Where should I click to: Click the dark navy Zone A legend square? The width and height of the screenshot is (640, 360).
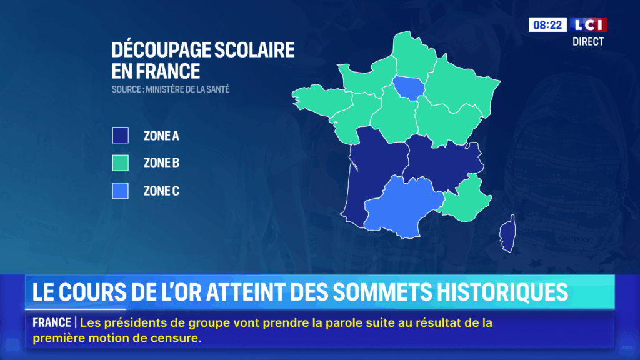point(121,135)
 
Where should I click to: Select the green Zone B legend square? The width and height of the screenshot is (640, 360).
point(121,163)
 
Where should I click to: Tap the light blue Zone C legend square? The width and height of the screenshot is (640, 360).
point(121,191)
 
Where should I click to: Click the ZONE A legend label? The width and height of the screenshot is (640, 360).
point(161,136)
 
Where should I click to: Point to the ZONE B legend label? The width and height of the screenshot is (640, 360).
point(161,163)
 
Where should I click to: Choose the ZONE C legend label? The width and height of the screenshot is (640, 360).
point(161,191)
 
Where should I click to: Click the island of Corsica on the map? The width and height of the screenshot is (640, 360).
point(508,234)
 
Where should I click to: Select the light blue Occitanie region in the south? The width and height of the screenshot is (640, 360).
point(402,206)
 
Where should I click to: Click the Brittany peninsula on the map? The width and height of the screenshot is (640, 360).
point(321,100)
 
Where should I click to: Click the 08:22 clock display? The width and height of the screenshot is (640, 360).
point(547,25)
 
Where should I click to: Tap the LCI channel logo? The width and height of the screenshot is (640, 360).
point(589,25)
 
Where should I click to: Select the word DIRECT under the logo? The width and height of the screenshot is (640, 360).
point(587,42)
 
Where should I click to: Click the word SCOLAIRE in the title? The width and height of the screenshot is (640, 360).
point(254,50)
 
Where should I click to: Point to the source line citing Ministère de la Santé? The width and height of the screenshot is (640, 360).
point(171,89)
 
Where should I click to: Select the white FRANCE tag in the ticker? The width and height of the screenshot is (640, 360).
point(52,323)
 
